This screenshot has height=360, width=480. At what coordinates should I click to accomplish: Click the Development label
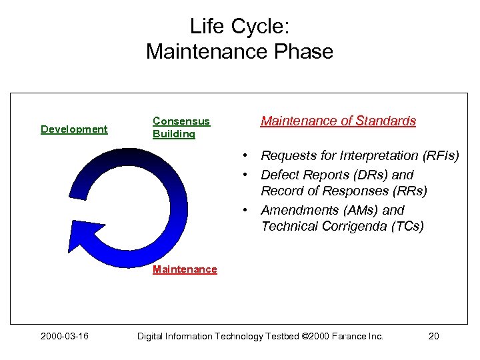74,129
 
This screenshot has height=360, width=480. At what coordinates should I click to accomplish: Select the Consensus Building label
181,127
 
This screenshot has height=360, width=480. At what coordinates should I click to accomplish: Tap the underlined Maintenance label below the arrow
185,269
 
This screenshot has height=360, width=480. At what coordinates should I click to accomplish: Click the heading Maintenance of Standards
338,121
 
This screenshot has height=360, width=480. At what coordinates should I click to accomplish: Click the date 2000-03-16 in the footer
64,336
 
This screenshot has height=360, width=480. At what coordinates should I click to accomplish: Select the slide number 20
433,336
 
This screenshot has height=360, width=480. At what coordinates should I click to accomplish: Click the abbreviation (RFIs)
439,156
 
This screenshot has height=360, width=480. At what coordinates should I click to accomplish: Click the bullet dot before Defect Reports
246,175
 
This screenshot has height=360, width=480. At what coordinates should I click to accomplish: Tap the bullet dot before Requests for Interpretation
246,156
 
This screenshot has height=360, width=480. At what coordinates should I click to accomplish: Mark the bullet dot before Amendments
246,210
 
